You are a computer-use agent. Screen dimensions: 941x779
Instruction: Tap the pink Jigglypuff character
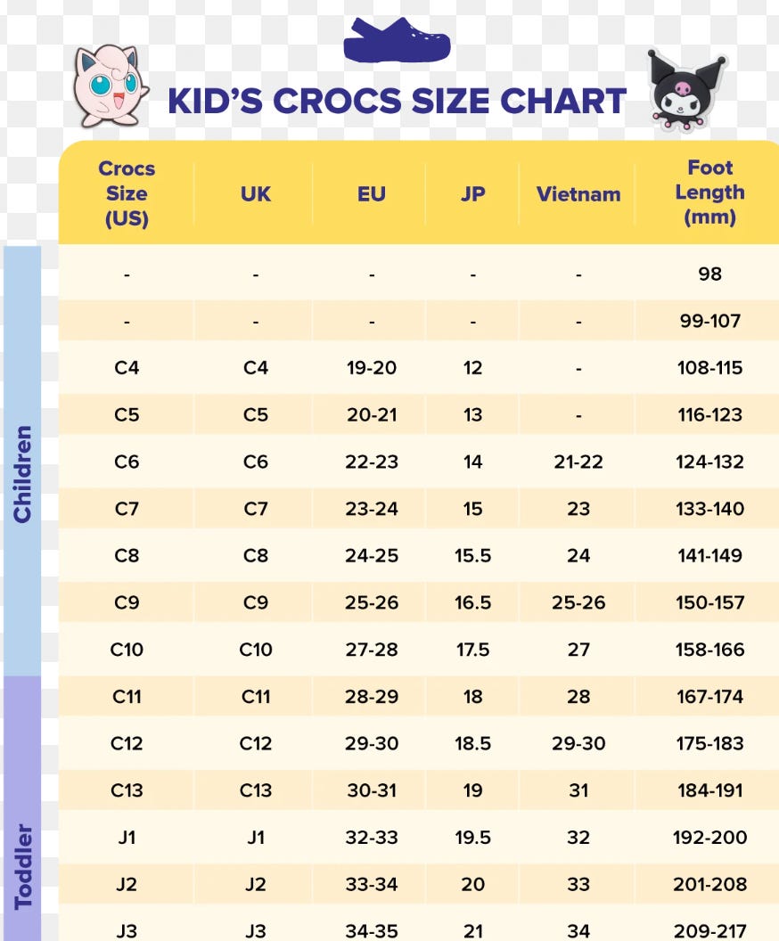110,86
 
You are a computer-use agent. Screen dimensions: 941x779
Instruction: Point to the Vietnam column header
578,193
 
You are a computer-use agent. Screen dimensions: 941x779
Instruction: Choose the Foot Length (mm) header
709,192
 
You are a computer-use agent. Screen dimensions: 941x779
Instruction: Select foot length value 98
709,274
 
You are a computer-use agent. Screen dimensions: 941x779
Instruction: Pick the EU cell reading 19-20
372,367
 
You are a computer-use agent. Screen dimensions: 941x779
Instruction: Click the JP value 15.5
472,555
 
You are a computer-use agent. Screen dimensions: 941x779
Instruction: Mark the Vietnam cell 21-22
578,462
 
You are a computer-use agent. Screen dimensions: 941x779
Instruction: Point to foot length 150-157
709,602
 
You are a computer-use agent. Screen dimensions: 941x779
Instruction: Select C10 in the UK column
256,650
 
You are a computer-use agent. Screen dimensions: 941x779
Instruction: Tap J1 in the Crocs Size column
127,838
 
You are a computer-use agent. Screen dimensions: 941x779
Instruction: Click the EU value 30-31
372,790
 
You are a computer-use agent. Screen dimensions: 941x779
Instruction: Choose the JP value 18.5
472,743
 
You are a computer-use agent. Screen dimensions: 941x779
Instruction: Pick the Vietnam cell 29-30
578,743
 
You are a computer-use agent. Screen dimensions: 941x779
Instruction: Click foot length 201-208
709,885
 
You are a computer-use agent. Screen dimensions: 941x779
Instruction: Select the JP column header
472,193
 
